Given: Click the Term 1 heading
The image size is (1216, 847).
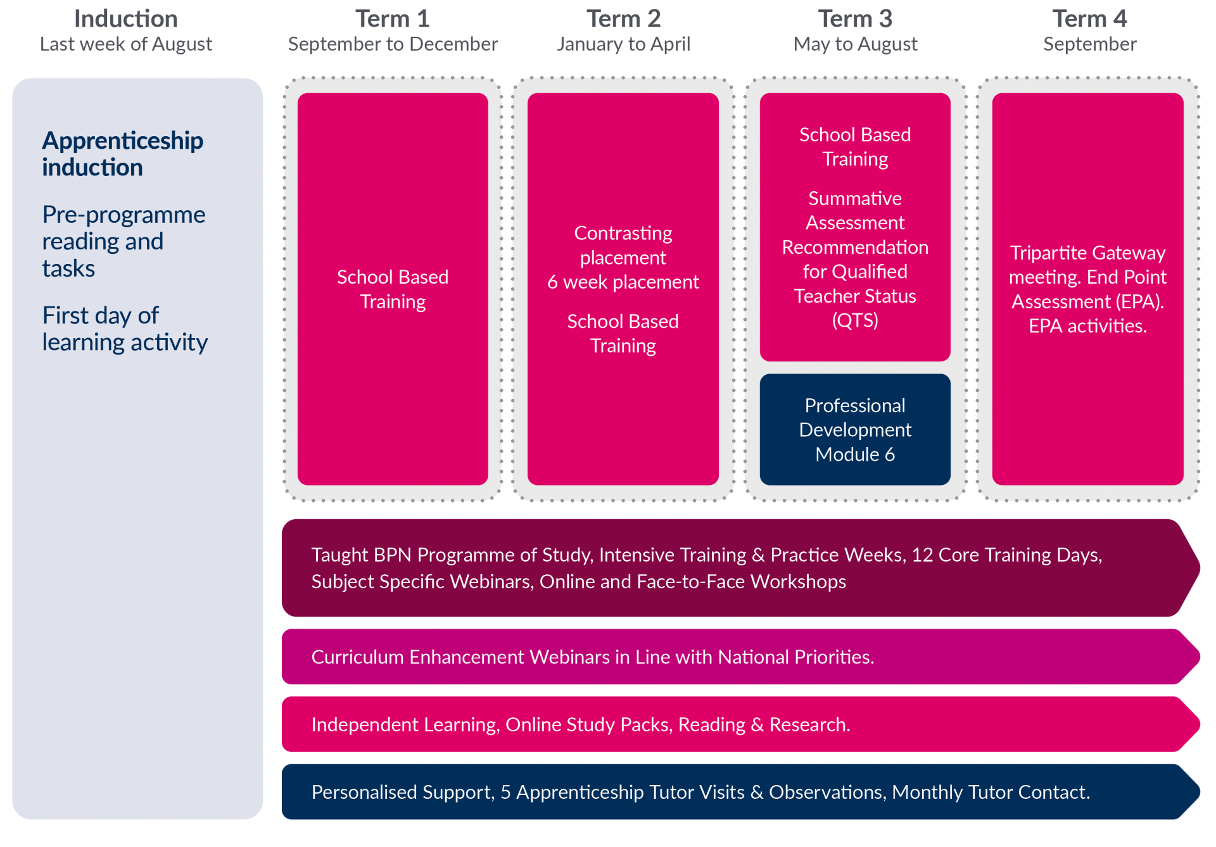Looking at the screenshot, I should (392, 19).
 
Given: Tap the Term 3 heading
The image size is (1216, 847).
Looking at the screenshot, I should (855, 19).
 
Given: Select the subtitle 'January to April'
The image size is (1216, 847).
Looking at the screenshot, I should (623, 44).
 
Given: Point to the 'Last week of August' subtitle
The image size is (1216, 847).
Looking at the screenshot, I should (126, 44).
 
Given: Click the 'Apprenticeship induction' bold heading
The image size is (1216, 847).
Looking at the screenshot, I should (122, 154).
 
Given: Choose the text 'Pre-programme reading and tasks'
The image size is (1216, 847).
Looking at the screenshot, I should (123, 241).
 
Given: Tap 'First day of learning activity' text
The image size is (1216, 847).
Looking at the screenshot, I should (124, 329).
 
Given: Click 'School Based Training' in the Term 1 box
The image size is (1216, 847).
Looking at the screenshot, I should (393, 289).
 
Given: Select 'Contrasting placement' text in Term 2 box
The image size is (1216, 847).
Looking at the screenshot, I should (623, 245).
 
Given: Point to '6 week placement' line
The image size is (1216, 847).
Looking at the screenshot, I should (623, 282).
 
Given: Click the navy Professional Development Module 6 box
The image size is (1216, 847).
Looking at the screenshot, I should (855, 430).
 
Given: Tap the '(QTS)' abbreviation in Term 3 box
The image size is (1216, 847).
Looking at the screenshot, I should (855, 320).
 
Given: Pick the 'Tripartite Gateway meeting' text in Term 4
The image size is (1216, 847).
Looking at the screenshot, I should (1087, 265).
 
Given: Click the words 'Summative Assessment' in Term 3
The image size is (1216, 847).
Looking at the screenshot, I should (855, 211).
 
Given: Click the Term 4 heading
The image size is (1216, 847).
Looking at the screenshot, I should (1089, 19).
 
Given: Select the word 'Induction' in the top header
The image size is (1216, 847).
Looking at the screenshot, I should (126, 19).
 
